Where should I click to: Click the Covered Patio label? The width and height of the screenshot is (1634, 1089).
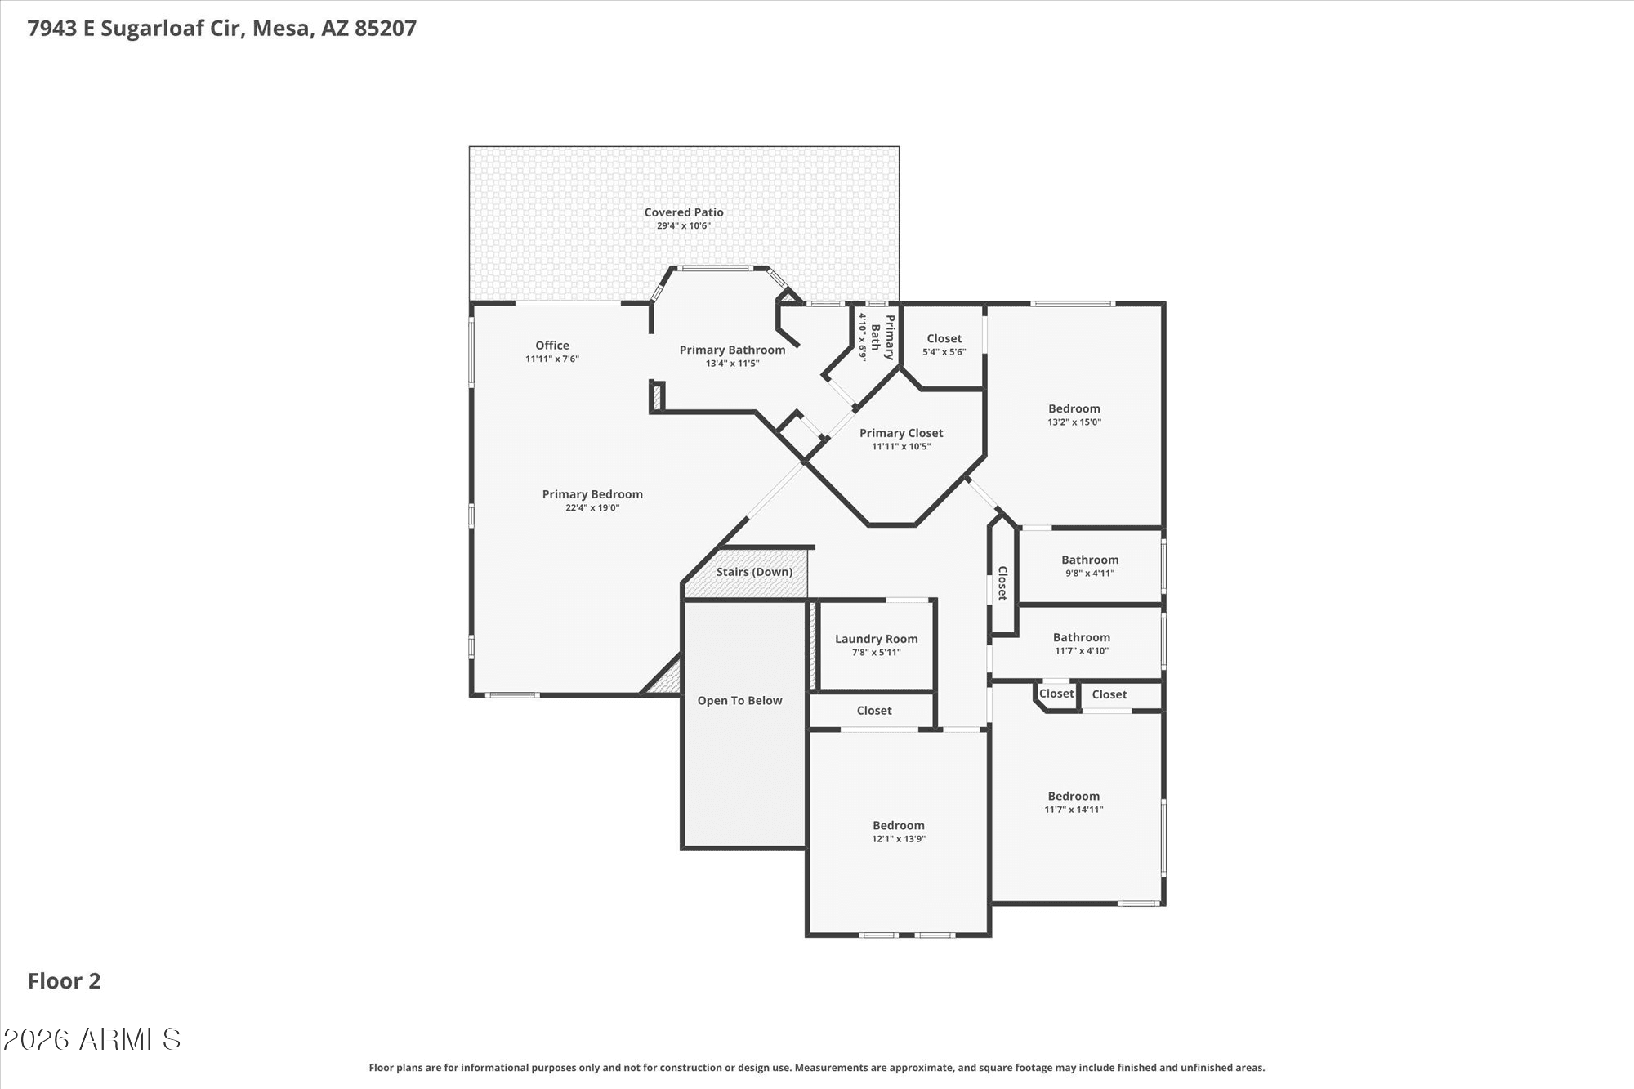tap(684, 212)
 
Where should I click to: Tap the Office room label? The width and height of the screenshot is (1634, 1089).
tap(552, 346)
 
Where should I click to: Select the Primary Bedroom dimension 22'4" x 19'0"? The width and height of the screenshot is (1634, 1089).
tap(592, 507)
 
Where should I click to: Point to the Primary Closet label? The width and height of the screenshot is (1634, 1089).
tap(901, 433)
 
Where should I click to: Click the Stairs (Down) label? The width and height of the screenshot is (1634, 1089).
tap(754, 572)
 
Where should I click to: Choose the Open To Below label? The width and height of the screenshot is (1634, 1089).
tap(739, 700)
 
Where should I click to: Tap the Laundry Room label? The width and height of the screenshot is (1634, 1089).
tap(876, 639)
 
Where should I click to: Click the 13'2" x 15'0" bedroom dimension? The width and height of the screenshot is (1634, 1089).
tap(1074, 422)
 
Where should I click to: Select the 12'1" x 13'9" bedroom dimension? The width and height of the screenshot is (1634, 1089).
tap(899, 839)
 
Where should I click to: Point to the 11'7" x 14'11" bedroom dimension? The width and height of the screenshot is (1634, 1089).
tap(1074, 810)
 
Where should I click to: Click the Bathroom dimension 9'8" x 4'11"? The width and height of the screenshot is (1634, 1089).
tap(1090, 574)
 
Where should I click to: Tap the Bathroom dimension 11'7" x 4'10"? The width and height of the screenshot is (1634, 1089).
tap(1082, 651)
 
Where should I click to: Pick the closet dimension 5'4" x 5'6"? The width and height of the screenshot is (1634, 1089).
tap(944, 352)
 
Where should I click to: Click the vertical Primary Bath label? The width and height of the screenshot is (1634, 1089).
tap(882, 337)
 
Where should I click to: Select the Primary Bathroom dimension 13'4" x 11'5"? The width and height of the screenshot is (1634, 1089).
tap(733, 364)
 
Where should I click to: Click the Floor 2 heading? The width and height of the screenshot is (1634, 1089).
tap(64, 981)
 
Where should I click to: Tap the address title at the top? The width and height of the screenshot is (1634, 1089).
tap(222, 29)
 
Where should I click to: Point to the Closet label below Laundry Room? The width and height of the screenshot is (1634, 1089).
tap(874, 711)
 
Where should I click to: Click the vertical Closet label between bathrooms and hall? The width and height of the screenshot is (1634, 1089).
tap(1002, 583)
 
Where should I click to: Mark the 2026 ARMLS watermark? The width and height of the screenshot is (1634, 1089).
tap(92, 1039)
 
